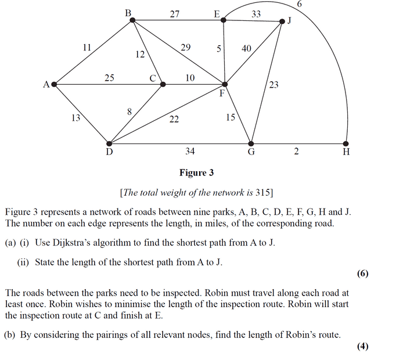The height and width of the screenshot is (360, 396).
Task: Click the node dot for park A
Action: click(54, 84)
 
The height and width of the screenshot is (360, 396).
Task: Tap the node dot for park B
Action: click(132, 20)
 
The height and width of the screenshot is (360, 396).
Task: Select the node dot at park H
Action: click(346, 143)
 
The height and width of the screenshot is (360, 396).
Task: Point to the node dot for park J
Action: click(282, 21)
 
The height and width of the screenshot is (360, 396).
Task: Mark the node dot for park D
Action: click(109, 143)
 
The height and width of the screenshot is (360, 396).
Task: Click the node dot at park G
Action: click(251, 143)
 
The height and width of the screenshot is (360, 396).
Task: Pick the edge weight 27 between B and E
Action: click(174, 13)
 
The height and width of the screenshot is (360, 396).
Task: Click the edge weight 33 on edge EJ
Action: click(256, 13)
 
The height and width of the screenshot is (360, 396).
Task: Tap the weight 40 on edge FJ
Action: click(246, 49)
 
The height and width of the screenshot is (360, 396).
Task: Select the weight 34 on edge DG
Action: click(190, 152)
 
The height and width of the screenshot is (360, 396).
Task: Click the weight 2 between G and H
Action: click(296, 152)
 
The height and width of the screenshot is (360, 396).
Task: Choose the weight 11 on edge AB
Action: click(87, 48)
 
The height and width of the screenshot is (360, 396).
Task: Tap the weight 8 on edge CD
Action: click(128, 111)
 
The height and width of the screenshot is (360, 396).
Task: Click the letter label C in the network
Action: click(154, 78)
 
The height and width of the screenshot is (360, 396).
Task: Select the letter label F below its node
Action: click(222, 93)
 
